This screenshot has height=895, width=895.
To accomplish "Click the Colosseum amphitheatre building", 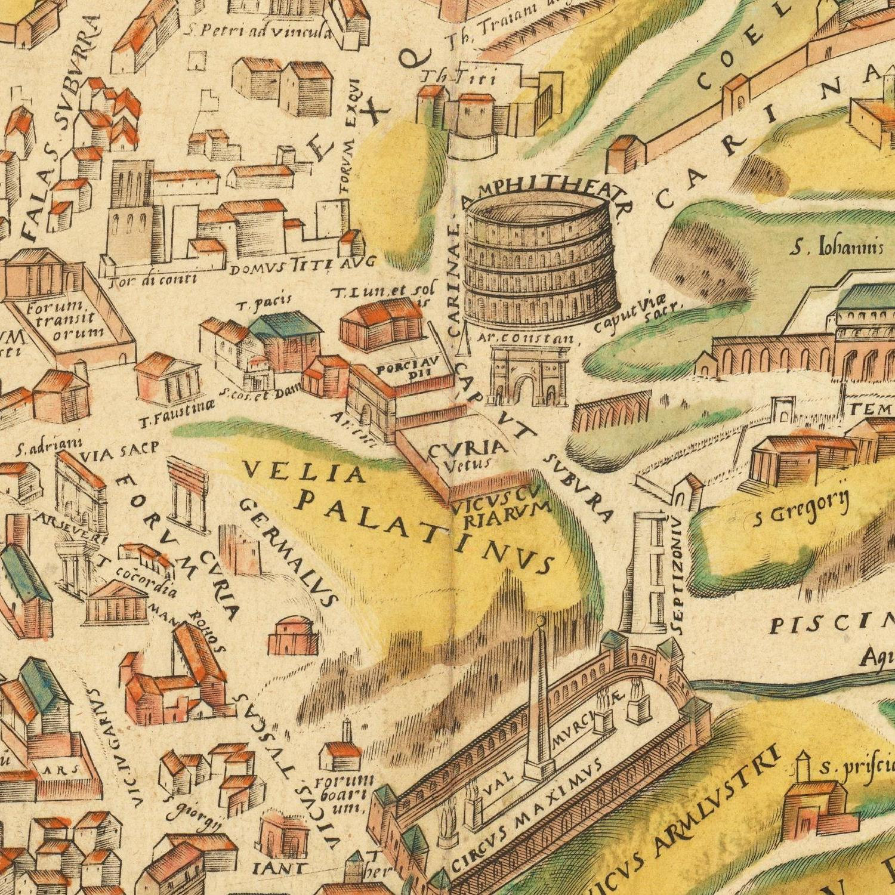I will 540,263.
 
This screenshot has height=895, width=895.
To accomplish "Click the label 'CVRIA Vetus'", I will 467,453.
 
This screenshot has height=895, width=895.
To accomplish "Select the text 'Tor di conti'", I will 154,279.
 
